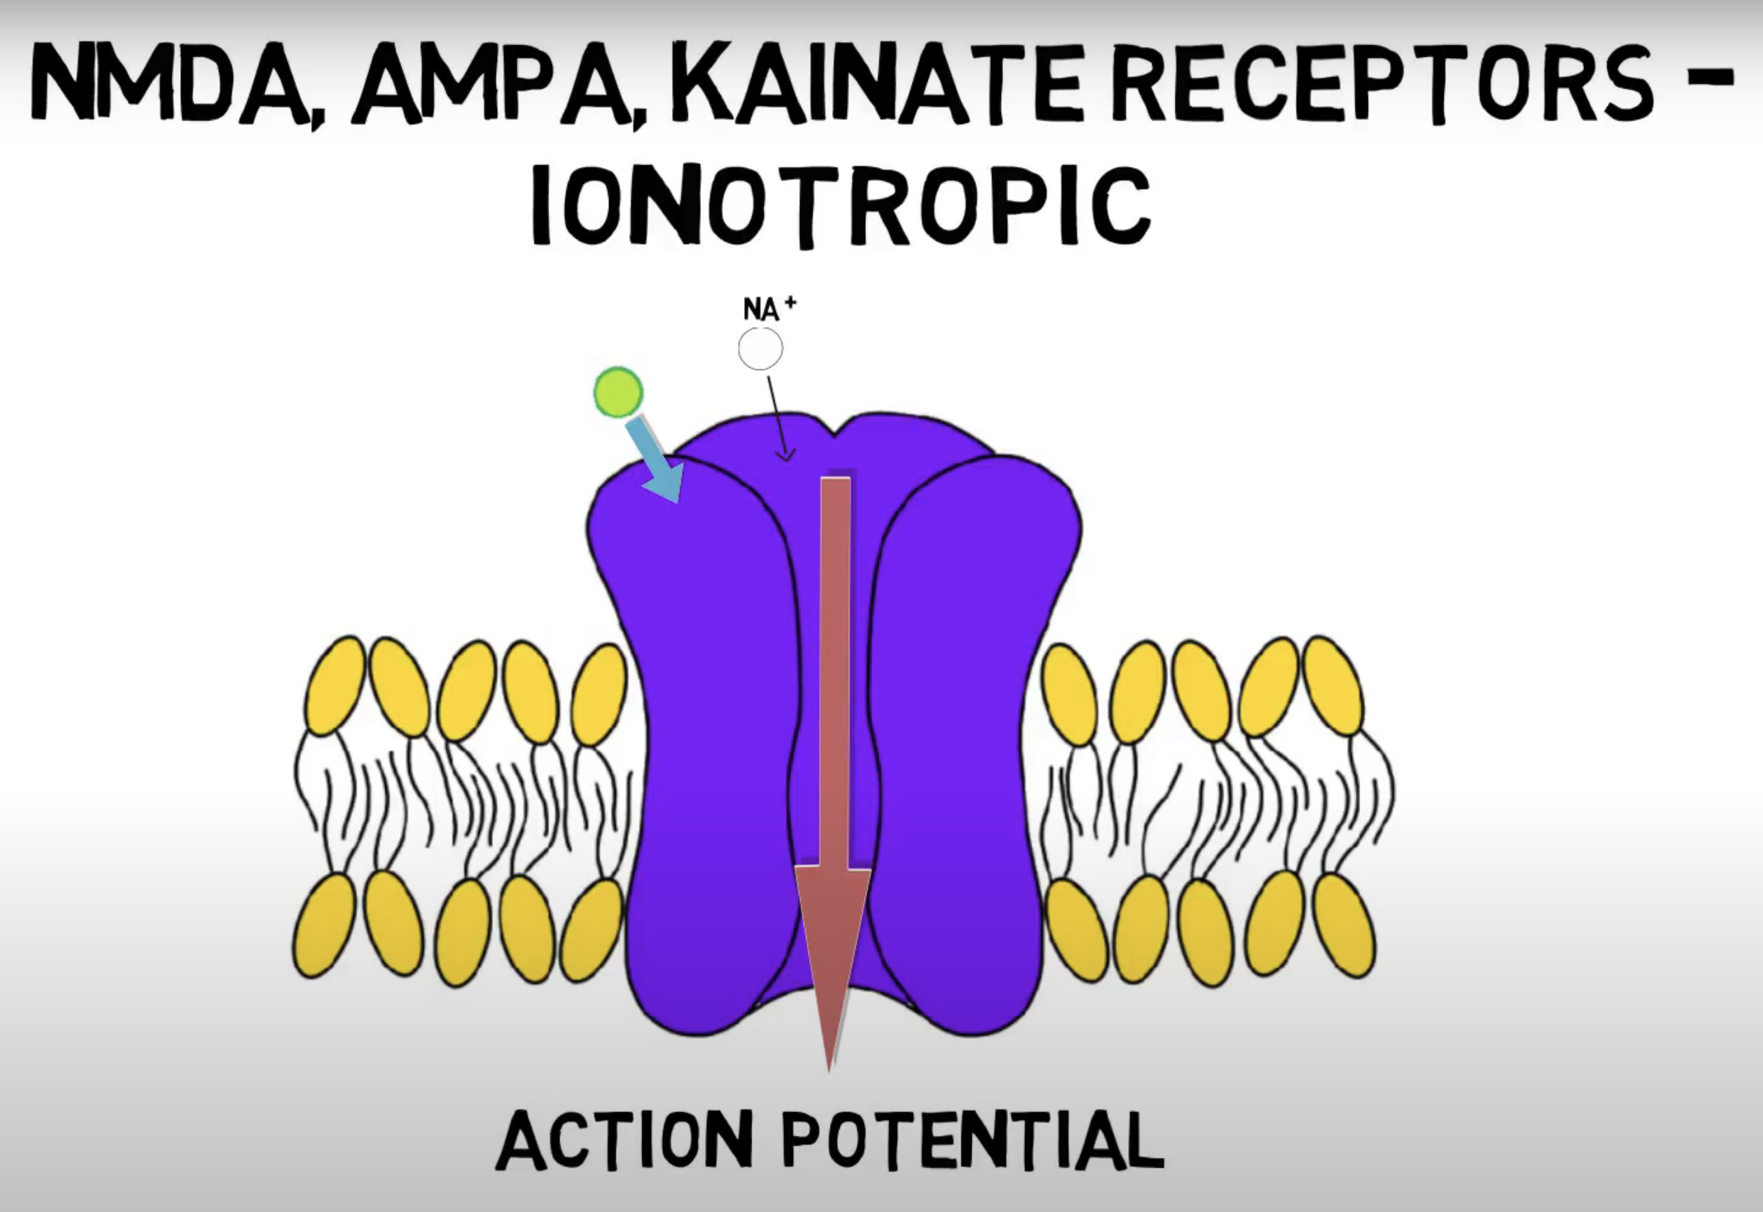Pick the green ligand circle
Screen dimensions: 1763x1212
click(x=618, y=392)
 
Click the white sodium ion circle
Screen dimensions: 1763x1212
click(x=760, y=349)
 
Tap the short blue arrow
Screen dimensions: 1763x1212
click(x=654, y=459)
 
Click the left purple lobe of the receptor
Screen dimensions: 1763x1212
click(x=701, y=734)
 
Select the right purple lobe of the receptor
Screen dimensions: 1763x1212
click(x=962, y=734)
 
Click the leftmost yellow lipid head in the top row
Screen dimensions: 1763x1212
click(x=335, y=685)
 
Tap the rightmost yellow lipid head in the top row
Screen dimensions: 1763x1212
click(x=1332, y=685)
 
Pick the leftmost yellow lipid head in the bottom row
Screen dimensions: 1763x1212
click(x=324, y=925)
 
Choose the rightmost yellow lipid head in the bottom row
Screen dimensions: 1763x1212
click(x=1344, y=925)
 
